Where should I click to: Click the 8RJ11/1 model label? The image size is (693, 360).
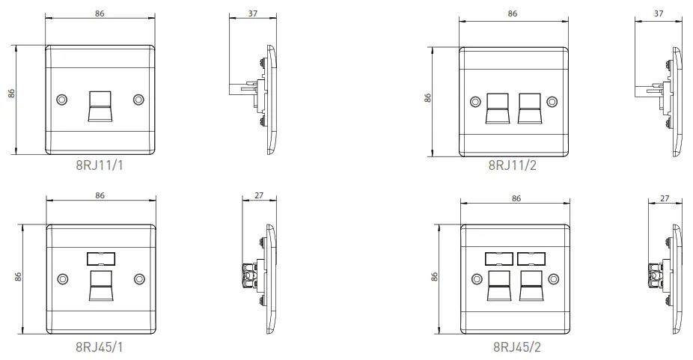click(x=99, y=165)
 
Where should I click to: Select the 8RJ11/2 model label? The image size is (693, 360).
click(x=513, y=165)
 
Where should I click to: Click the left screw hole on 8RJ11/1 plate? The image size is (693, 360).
click(x=61, y=100)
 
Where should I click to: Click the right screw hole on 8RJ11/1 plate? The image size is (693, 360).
click(x=138, y=100)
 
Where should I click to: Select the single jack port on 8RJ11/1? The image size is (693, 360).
click(x=100, y=105)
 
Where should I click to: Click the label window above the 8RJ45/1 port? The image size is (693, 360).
click(x=100, y=259)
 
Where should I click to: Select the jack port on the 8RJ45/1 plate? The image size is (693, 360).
click(x=100, y=285)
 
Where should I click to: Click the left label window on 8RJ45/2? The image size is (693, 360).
click(x=498, y=259)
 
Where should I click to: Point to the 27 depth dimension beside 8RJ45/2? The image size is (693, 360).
click(x=665, y=198)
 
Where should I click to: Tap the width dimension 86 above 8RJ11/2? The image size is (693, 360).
click(x=513, y=13)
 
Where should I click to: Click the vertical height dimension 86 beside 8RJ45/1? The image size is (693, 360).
click(x=19, y=277)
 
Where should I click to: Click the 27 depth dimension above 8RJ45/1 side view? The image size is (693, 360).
click(x=259, y=195)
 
